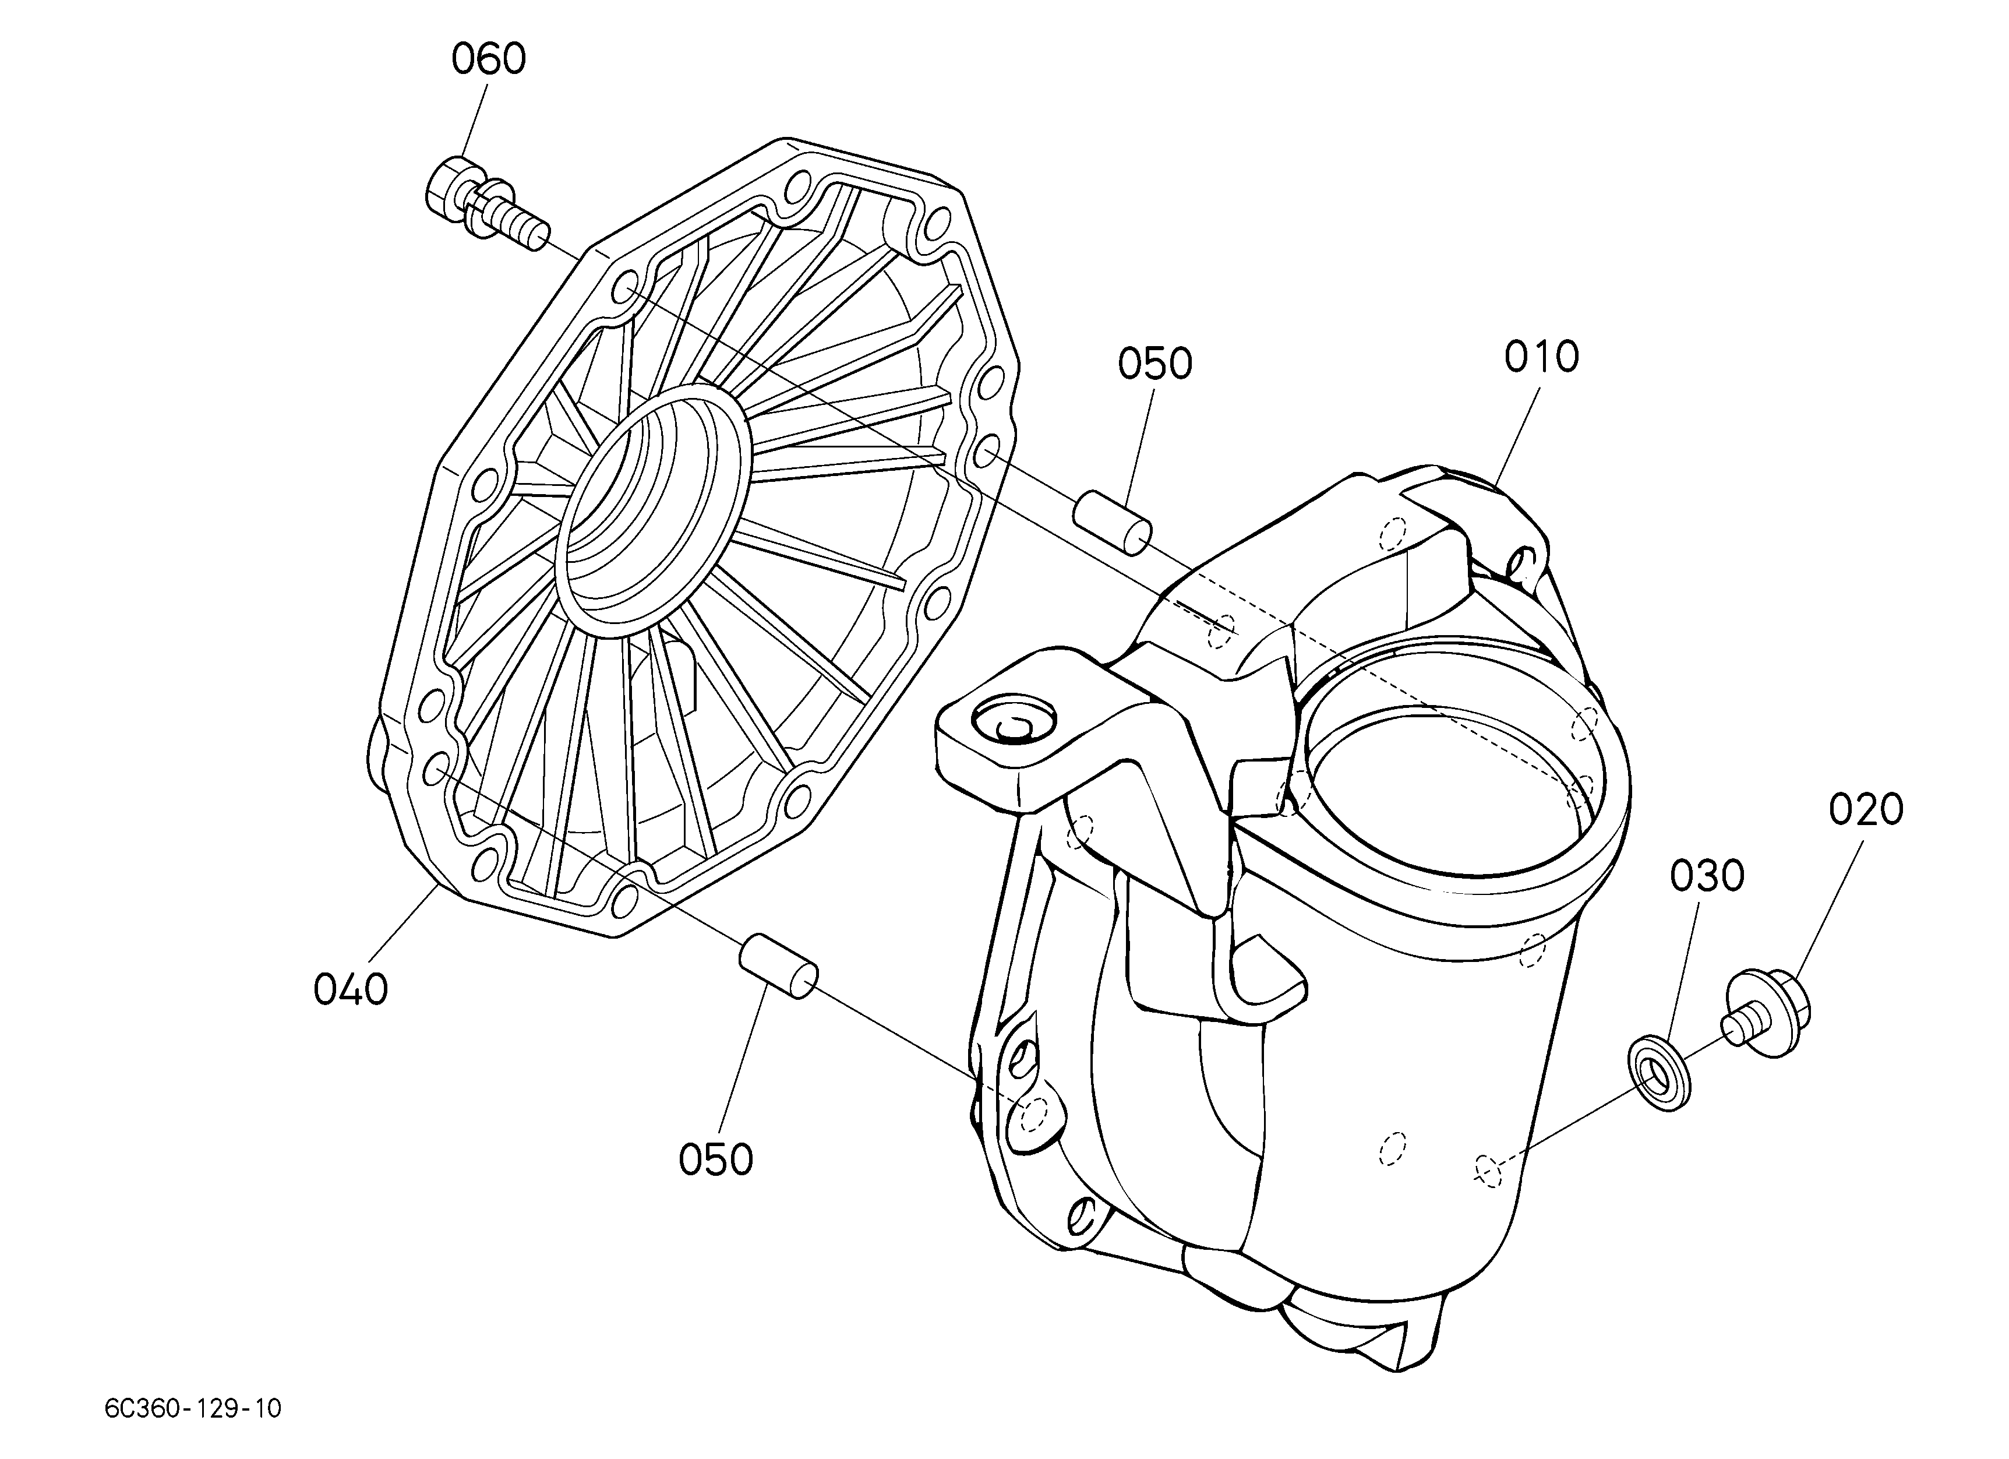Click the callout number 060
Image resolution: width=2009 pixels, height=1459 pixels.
[x=489, y=59]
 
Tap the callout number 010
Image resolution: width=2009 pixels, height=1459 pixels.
[x=1541, y=357]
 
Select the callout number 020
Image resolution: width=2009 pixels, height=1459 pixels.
[x=1866, y=810]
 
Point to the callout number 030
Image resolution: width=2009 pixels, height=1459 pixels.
[x=1707, y=876]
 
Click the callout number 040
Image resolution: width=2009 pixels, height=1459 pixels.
[x=351, y=989]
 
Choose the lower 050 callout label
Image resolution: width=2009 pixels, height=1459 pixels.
[x=716, y=1160]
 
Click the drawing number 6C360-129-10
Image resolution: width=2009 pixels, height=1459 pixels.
[x=193, y=1408]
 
